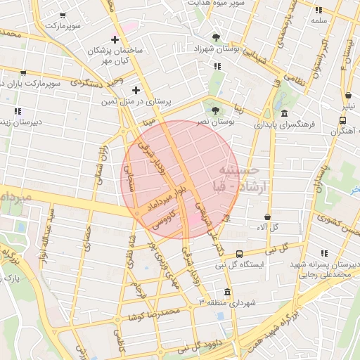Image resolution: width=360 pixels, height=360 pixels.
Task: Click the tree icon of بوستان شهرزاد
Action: (216, 37)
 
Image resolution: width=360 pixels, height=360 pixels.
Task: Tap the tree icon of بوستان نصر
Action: (215, 109)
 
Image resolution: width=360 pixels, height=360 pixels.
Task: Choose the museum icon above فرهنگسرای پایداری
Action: (283, 113)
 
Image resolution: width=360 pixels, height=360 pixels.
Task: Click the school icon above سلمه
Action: (319, 11)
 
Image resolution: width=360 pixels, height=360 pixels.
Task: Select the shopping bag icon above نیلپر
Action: (348, 96)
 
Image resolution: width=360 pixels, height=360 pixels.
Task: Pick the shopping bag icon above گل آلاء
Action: (267, 217)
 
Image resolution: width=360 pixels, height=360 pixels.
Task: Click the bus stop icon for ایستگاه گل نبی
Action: (240, 254)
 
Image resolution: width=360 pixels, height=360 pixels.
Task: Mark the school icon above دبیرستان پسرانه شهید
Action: (325, 253)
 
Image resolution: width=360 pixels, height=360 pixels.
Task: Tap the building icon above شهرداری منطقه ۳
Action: (226, 292)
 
